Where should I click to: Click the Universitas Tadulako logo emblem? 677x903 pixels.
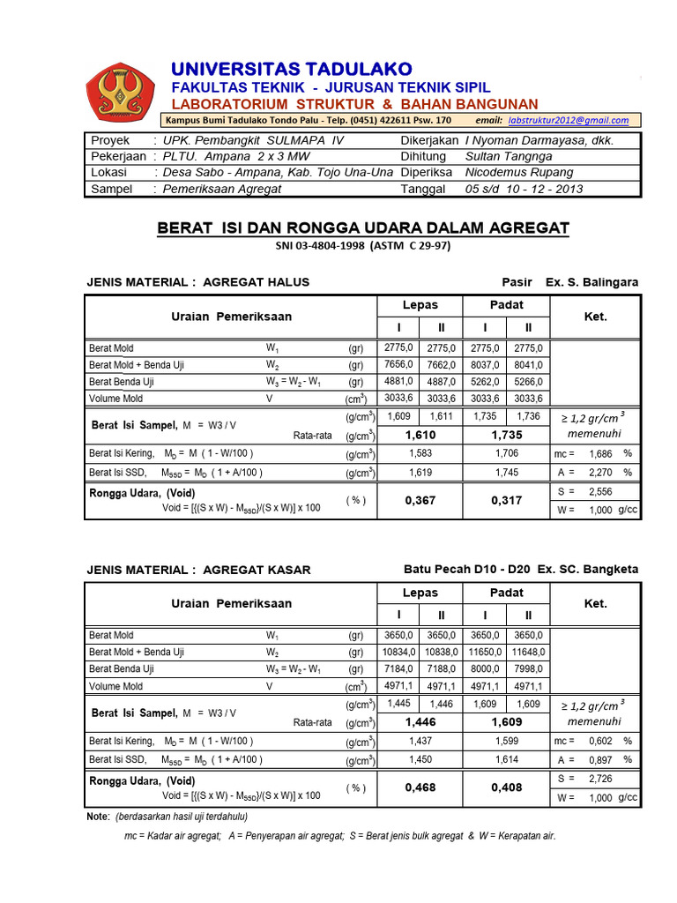tap(119, 91)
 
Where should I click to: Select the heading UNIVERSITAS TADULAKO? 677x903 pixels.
tap(291, 69)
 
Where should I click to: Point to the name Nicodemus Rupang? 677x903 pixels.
tap(518, 172)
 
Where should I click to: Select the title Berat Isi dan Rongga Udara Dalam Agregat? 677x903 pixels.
tap(363, 228)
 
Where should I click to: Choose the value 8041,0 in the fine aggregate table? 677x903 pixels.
tap(528, 365)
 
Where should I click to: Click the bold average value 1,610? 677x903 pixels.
tap(420, 435)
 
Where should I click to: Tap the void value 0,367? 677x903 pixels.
tap(420, 500)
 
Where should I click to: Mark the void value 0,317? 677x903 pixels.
tap(507, 500)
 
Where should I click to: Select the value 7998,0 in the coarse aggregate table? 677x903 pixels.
tap(528, 669)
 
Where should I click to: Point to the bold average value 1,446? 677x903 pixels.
tap(420, 721)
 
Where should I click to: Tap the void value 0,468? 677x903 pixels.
tap(420, 787)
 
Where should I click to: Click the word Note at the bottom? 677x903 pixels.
tap(98, 817)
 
